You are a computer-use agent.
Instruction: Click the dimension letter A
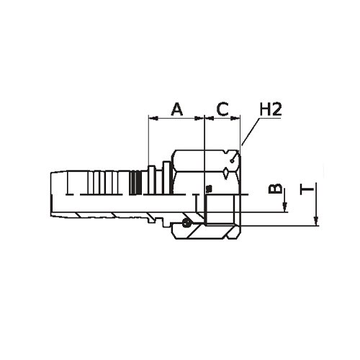coord(177,109)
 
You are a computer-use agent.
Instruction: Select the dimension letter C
coord(222,109)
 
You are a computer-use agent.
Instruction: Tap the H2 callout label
coord(271,109)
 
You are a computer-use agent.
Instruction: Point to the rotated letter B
coord(275,189)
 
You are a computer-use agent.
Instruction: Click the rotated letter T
coord(307,189)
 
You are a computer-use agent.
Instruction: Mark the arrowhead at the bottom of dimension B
coord(285,207)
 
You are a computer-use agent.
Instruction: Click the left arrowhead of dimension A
coord(153,118)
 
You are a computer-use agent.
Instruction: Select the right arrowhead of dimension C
coord(235,118)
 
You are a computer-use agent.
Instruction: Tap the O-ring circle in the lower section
coord(186,223)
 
